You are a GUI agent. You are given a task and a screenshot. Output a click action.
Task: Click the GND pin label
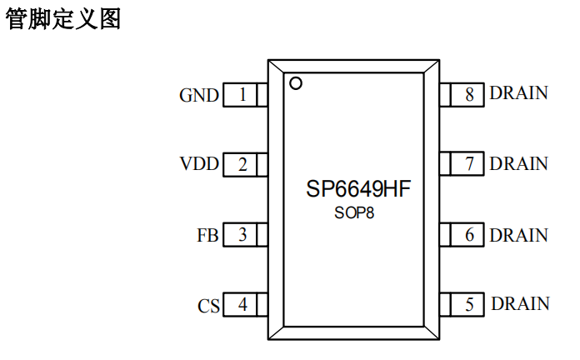pyautogui.click(x=199, y=95)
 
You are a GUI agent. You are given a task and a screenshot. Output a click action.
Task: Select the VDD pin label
pyautogui.click(x=199, y=164)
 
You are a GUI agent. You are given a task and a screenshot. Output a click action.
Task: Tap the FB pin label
pyautogui.click(x=207, y=235)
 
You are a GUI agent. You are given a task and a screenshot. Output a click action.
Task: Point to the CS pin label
pyautogui.click(x=208, y=306)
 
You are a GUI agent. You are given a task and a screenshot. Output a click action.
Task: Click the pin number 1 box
pyautogui.click(x=242, y=95)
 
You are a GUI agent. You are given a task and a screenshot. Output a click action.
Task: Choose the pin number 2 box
pyautogui.click(x=242, y=164)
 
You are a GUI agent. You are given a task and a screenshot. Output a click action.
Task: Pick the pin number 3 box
pyautogui.click(x=242, y=235)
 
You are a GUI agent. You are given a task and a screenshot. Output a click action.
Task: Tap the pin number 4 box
pyautogui.click(x=242, y=305)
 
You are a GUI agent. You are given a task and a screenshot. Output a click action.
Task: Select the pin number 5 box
pyautogui.click(x=469, y=305)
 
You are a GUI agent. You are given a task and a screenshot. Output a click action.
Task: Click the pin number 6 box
pyautogui.click(x=469, y=235)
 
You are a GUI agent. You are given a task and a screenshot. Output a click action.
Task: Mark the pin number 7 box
pyautogui.click(x=469, y=164)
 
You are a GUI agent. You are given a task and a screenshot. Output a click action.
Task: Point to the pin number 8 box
pyautogui.click(x=469, y=95)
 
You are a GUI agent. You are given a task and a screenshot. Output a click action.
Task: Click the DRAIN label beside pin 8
pyautogui.click(x=519, y=93)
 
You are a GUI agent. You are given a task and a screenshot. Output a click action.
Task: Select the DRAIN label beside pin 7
pyautogui.click(x=519, y=163)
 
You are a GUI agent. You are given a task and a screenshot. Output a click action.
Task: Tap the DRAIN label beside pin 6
pyautogui.click(x=519, y=235)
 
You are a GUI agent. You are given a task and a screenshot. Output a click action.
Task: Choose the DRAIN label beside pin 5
pyautogui.click(x=520, y=304)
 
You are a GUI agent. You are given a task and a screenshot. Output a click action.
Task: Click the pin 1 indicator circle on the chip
pyautogui.click(x=295, y=82)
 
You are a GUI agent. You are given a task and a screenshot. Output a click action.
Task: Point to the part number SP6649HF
pyautogui.click(x=358, y=189)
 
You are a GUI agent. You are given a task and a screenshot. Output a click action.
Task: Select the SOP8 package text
pyautogui.click(x=354, y=212)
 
